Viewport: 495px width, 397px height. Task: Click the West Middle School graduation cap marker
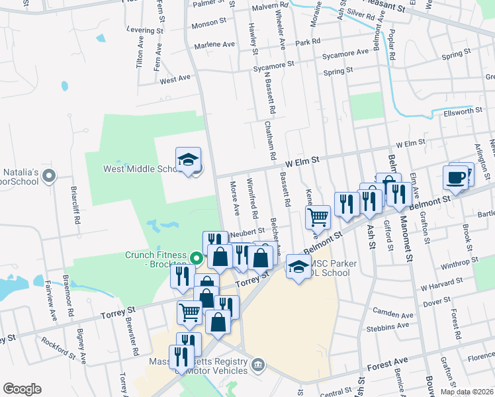click(x=188, y=160)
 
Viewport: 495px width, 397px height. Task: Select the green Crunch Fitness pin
click(x=197, y=257)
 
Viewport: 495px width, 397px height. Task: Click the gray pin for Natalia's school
click(x=48, y=176)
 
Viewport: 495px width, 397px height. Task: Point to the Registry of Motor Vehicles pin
click(x=258, y=364)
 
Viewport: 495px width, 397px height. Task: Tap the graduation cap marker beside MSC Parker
click(x=298, y=267)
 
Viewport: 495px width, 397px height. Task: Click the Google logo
click(x=22, y=389)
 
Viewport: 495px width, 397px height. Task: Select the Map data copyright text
click(x=467, y=392)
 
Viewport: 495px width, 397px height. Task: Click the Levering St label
click(x=145, y=30)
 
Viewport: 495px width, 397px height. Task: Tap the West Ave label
click(x=175, y=78)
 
